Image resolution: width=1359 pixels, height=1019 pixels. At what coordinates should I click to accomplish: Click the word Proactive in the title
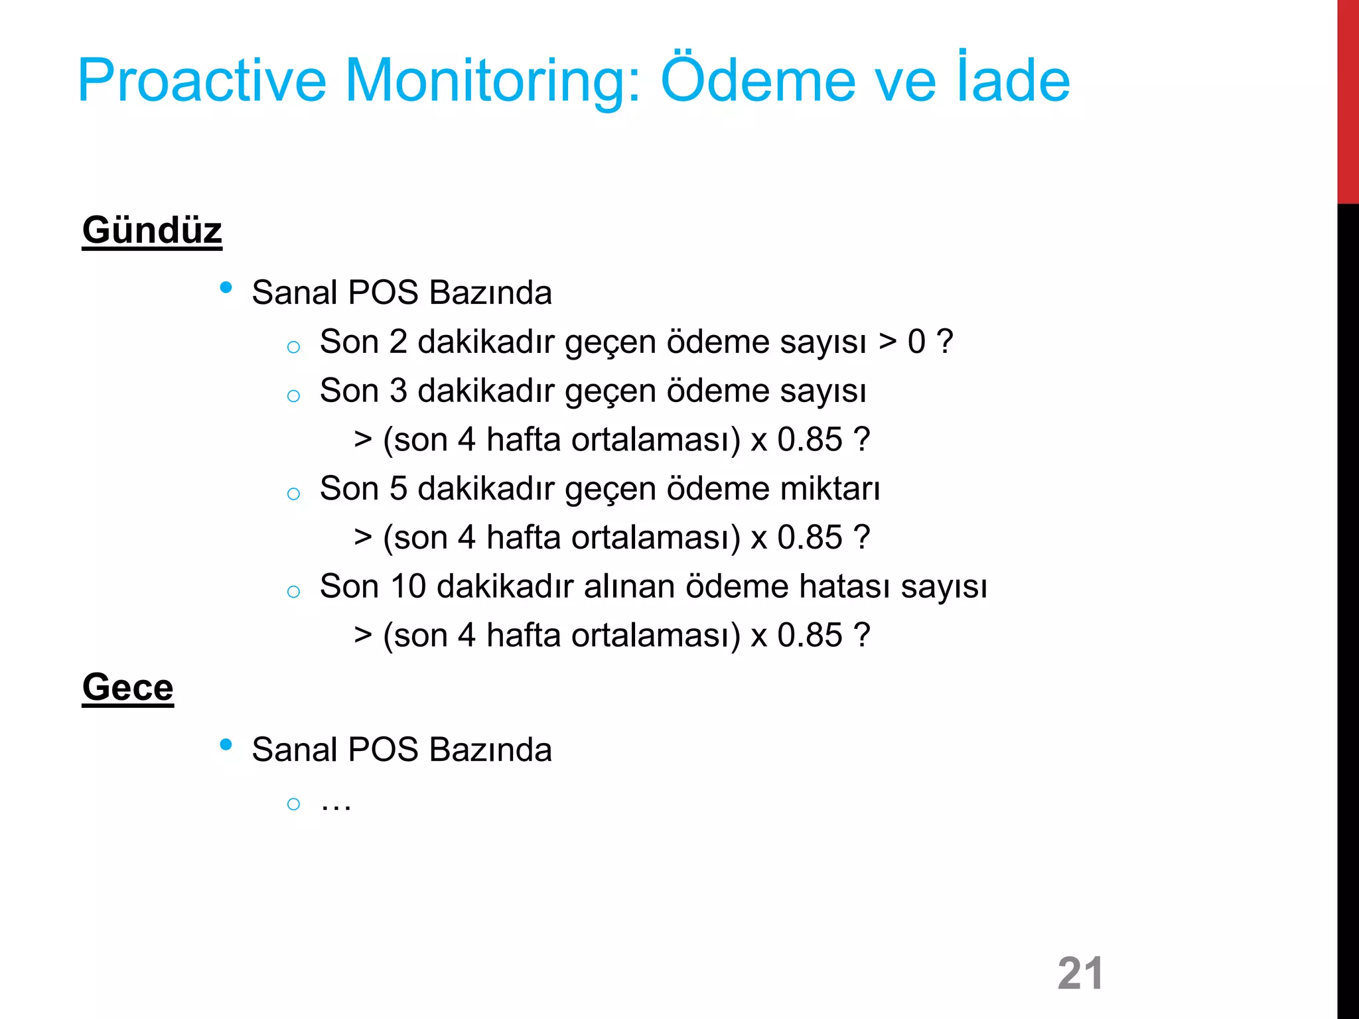point(202,81)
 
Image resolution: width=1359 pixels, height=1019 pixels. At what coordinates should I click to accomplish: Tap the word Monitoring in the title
point(493,81)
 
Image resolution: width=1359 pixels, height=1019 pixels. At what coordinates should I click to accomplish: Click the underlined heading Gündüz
point(152,230)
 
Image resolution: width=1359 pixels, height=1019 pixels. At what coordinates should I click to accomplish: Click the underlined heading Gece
point(127,687)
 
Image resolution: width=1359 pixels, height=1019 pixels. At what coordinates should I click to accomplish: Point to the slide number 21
point(1080,973)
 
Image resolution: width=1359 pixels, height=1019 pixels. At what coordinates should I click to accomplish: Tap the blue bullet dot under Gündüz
point(226,288)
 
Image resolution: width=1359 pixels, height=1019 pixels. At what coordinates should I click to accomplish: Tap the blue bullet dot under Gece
point(226,745)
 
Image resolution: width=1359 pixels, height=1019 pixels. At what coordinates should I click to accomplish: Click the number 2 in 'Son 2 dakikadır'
point(398,342)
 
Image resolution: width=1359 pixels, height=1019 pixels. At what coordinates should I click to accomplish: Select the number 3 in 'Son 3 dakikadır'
point(398,391)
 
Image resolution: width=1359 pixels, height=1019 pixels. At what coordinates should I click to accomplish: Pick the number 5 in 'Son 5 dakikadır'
point(398,489)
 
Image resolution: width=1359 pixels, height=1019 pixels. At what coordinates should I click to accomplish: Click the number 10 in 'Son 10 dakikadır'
point(408,586)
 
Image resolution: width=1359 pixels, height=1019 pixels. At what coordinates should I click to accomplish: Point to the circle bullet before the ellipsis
point(293,805)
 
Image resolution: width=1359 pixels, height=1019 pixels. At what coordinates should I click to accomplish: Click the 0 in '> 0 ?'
point(916,342)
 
